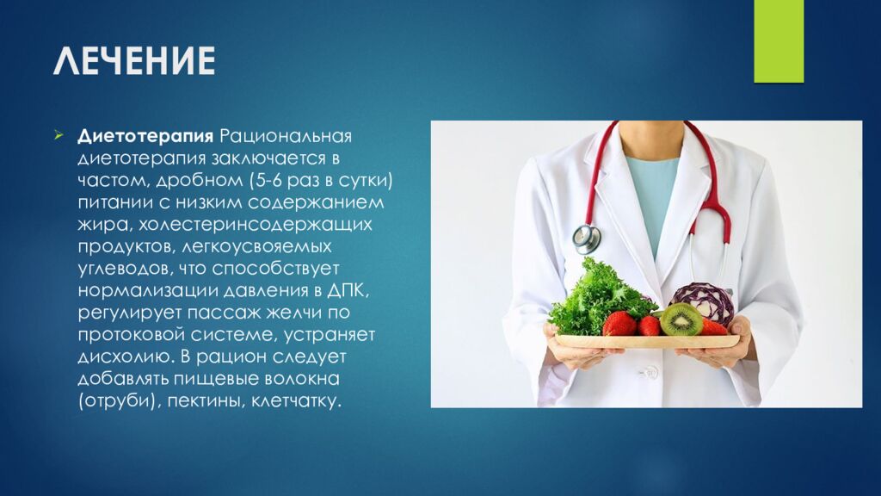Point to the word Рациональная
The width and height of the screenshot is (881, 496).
coord(287,137)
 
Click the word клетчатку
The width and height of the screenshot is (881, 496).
coord(297,400)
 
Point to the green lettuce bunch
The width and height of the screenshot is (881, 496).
coord(596,297)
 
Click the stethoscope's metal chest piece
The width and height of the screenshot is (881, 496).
coord(587,237)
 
